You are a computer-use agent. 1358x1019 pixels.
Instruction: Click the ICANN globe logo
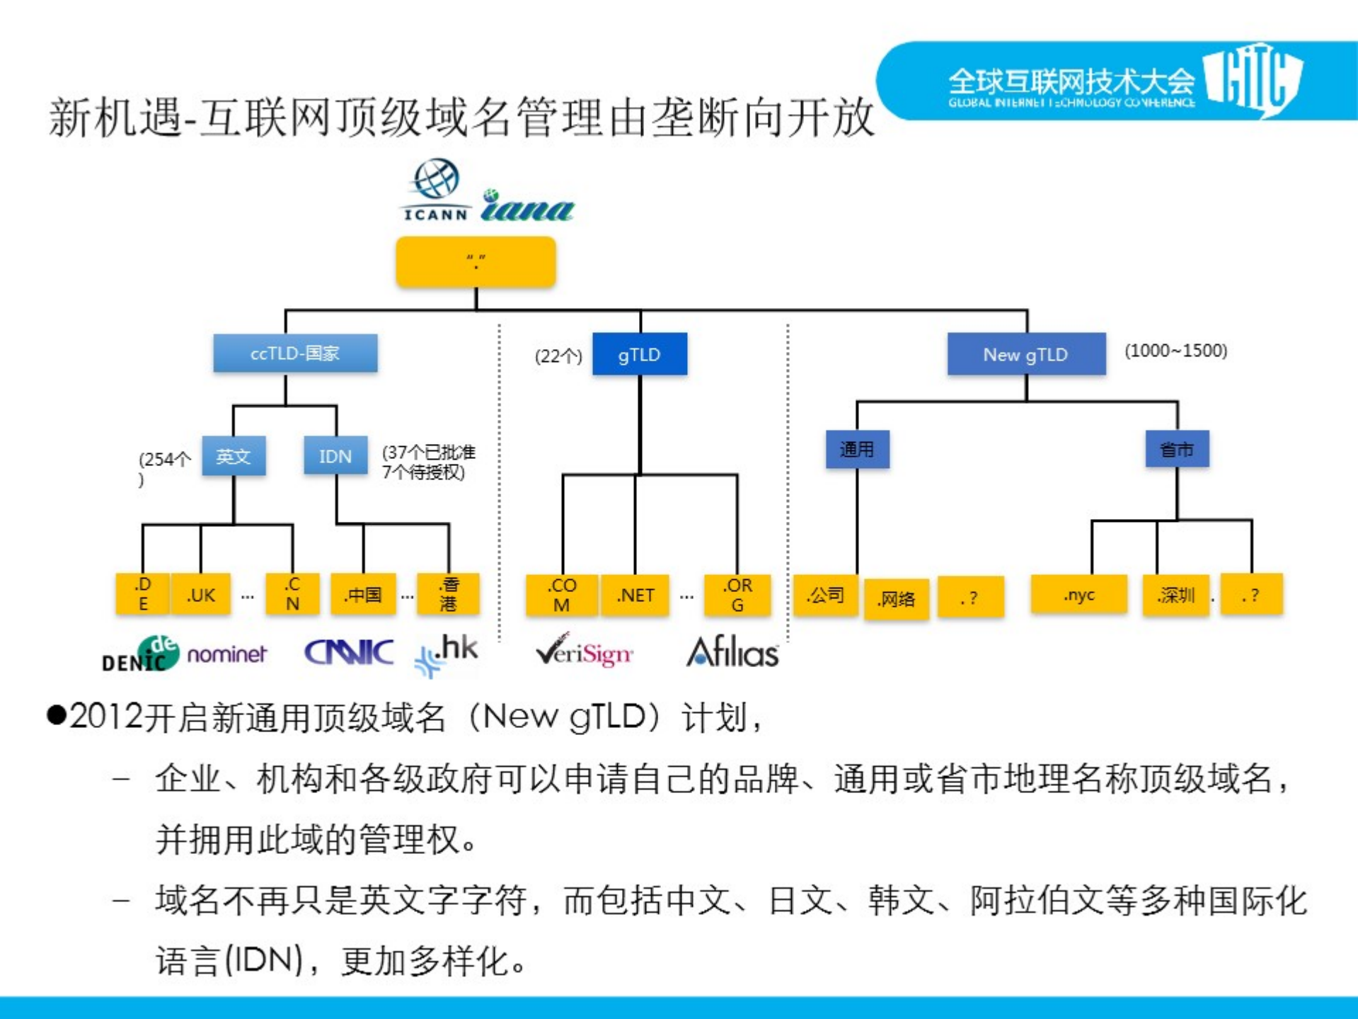[435, 188]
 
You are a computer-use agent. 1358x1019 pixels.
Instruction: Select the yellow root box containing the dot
[476, 262]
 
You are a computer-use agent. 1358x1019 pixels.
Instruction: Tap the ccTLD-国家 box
[295, 353]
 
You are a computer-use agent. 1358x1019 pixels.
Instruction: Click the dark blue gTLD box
[639, 354]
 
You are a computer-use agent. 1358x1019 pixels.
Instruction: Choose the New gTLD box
[1025, 354]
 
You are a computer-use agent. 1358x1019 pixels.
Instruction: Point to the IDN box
[335, 456]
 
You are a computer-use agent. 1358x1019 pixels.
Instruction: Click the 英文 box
[234, 456]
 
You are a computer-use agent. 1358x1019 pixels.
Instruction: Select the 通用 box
[857, 450]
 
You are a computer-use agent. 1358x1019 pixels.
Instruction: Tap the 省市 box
[1177, 450]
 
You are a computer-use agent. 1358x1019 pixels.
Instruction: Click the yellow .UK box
[201, 595]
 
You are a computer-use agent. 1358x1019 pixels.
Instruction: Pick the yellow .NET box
[635, 595]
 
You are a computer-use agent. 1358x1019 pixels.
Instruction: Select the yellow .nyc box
[1078, 595]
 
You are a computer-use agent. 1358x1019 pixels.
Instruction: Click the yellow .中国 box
[363, 595]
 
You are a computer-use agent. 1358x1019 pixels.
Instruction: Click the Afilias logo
[732, 652]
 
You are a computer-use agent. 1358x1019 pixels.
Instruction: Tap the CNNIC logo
[348, 652]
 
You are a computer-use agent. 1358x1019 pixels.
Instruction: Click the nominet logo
[226, 654]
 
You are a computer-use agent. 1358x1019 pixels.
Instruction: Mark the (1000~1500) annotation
[1175, 351]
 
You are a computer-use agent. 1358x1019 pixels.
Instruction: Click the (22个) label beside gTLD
[558, 355]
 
